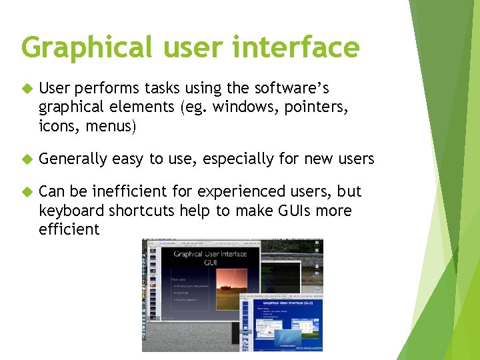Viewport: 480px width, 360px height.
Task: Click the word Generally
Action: click(x=73, y=159)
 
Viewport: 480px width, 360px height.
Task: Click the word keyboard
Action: click(x=71, y=211)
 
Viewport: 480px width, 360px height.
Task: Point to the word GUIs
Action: click(x=289, y=211)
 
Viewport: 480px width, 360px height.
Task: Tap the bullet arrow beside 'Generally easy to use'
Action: click(x=26, y=159)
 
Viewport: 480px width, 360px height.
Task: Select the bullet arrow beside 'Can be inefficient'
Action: click(x=26, y=192)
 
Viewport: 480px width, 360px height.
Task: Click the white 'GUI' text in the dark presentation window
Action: click(x=210, y=263)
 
